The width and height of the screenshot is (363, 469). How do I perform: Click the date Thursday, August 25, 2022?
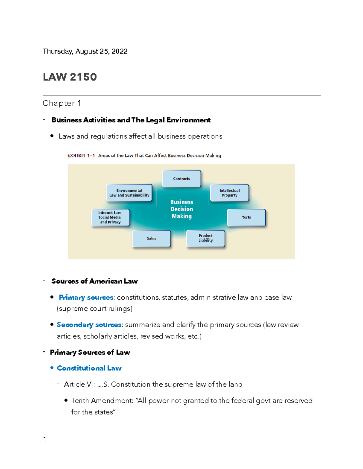click(85, 51)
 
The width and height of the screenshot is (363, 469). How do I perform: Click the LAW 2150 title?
click(70, 77)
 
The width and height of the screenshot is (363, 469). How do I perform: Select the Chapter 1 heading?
click(62, 103)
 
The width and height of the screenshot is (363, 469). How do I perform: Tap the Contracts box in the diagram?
click(181, 179)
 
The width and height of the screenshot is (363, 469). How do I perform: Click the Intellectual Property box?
click(230, 193)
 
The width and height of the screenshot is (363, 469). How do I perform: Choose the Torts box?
click(246, 217)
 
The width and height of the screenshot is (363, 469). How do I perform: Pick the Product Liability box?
click(206, 238)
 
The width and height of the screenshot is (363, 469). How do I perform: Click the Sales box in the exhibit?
click(151, 239)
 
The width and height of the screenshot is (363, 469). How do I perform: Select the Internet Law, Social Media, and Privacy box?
click(110, 217)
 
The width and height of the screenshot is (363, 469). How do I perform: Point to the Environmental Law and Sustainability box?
click(129, 193)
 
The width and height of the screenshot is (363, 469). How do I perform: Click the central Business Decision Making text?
click(181, 209)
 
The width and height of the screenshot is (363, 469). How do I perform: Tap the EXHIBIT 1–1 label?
click(81, 156)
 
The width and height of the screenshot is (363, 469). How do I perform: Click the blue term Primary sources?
click(86, 297)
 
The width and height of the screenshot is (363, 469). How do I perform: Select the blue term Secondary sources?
click(89, 325)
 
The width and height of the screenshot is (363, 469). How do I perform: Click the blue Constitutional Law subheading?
click(89, 368)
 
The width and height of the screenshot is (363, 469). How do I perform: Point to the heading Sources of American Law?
click(94, 281)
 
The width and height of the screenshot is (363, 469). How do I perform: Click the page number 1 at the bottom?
click(45, 439)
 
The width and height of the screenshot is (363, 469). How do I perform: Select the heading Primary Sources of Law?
click(90, 352)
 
